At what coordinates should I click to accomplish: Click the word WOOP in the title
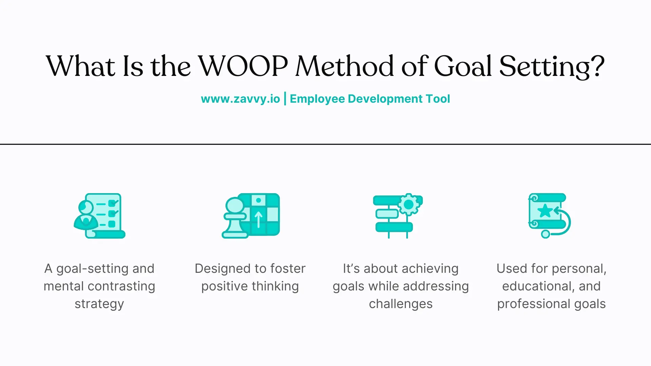(243, 66)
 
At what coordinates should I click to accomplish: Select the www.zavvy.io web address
(240, 99)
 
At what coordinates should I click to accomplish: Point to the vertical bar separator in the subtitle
(285, 99)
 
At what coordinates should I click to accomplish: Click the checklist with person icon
(99, 216)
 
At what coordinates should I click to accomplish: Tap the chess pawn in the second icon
(235, 219)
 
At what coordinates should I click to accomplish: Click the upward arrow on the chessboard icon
(259, 219)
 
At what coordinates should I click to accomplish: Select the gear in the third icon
(409, 205)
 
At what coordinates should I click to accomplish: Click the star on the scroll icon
(545, 211)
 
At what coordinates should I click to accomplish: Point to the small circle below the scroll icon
(545, 234)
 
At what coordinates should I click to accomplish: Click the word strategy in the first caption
(99, 304)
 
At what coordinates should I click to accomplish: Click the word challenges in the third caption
(401, 304)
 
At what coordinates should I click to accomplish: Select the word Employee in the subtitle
(317, 99)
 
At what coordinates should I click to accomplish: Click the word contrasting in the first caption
(121, 286)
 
